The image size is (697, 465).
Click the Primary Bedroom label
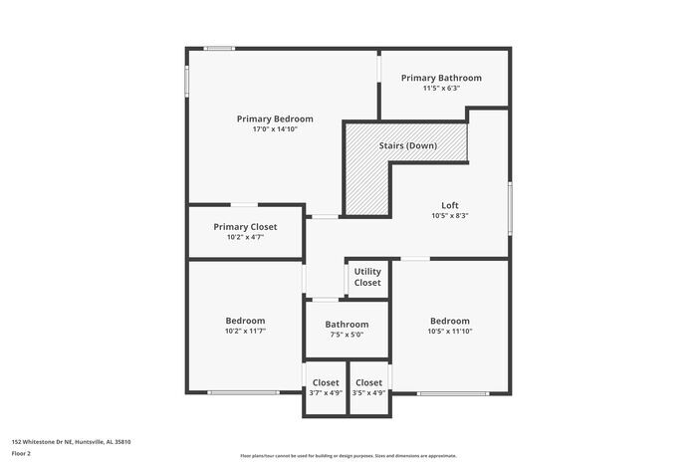(x=275, y=118)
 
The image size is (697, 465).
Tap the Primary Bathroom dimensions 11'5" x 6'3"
(x=441, y=89)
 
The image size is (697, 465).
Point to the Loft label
(x=450, y=205)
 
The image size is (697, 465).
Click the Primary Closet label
(x=245, y=226)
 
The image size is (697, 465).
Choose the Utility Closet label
(x=367, y=277)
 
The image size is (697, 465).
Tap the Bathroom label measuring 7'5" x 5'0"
(x=347, y=324)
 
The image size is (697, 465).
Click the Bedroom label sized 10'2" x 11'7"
(x=245, y=320)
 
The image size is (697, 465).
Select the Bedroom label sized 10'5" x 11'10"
(x=450, y=321)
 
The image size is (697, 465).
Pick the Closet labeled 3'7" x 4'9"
(x=326, y=382)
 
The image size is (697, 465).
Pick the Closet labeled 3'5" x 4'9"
(x=368, y=382)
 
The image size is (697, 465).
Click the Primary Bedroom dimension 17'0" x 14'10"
(x=275, y=129)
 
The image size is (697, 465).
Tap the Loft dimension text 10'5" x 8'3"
(x=450, y=216)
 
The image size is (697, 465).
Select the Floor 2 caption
(x=22, y=453)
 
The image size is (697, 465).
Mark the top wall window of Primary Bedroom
(x=219, y=48)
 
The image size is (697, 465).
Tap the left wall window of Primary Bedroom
(x=186, y=82)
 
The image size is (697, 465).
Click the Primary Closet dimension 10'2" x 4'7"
(x=245, y=237)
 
